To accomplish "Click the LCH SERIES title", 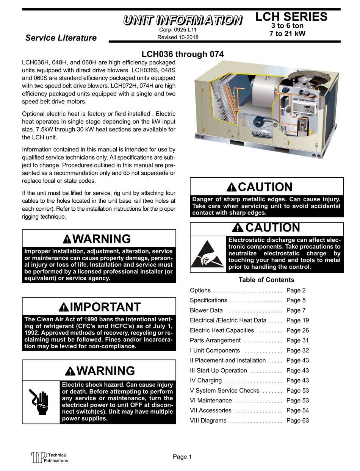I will pos(291,17).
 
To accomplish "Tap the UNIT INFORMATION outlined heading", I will pos(183,20).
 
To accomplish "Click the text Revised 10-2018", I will pos(178,37).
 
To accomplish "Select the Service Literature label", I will pos(61,38).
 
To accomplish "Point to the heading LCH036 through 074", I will pos(183,54).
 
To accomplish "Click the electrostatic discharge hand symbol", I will pos(208,254).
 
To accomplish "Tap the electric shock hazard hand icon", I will pos(41,402).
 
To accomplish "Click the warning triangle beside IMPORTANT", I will pos(64,307).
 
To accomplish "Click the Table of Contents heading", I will pos(266,280).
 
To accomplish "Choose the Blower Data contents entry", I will pos(206,310).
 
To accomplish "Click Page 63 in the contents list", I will pos(297,421).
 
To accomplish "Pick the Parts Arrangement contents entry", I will pos(215,340).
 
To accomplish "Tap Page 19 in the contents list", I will pos(297,320).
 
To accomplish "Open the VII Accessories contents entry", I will pos(210,410).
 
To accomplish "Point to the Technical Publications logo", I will pos(49,458).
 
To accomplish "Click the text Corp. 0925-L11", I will pos(178,30).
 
